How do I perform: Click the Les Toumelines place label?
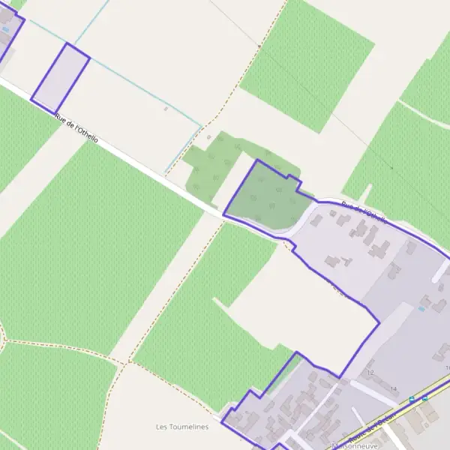[x=181, y=427]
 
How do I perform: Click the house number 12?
[x=370, y=373]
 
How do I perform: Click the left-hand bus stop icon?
[x=412, y=400]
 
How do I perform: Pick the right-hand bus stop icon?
[x=424, y=398]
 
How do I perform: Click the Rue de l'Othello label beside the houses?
[x=364, y=213]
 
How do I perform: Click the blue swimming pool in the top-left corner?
[x=6, y=29]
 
